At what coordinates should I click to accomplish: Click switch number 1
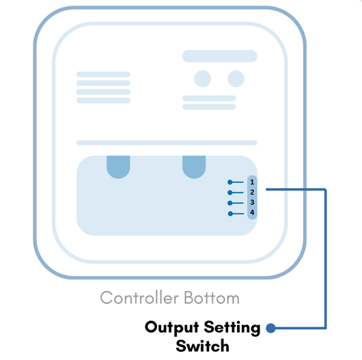[x=252, y=182]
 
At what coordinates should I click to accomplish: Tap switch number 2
[x=252, y=192]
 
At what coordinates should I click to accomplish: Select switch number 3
[x=252, y=202]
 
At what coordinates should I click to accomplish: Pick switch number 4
[x=252, y=212]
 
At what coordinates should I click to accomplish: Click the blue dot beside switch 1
[x=230, y=182]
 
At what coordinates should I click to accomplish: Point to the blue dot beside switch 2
[x=230, y=193]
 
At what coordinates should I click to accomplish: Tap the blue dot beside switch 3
[x=230, y=203]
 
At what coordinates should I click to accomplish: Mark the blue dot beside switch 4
[x=230, y=214]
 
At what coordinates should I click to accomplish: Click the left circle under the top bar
[x=203, y=79]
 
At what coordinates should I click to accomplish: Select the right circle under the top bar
[x=236, y=79]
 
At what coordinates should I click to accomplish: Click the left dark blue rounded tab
[x=118, y=167]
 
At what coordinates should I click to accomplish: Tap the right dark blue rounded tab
[x=194, y=167]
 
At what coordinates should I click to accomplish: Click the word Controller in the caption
[x=139, y=297]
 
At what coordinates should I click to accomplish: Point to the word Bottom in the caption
[x=212, y=297]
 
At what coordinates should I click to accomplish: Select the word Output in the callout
[x=171, y=328]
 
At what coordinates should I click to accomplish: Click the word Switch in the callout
[x=202, y=346]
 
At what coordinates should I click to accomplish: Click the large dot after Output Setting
[x=270, y=328]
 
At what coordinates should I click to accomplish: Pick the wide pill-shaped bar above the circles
[x=220, y=56]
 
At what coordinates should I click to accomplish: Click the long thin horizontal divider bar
[x=167, y=143]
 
